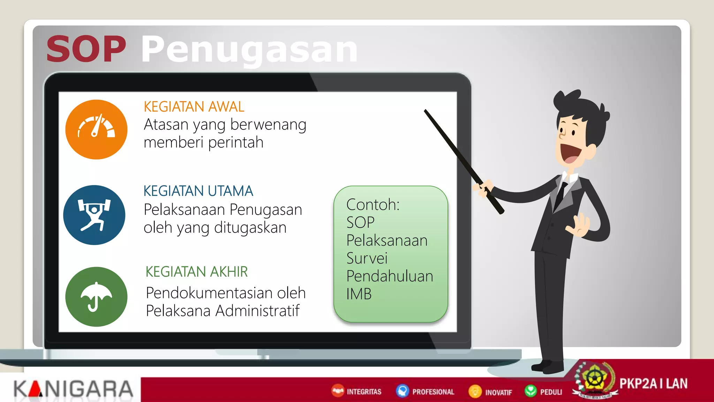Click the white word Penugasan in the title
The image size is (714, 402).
tap(249, 50)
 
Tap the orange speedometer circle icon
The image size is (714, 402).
tap(96, 129)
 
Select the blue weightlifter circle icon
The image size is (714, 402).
tap(94, 215)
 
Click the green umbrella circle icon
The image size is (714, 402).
tap(96, 297)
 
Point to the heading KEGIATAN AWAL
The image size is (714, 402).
tap(194, 107)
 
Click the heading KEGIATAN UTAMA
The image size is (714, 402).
tap(198, 191)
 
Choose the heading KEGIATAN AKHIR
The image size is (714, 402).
tap(196, 272)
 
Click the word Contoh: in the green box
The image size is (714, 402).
tap(373, 205)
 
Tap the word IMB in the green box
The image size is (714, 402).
tap(359, 294)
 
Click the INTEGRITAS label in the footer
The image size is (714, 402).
tap(364, 392)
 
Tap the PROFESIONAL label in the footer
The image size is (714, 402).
tap(433, 392)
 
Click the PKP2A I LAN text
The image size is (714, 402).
tap(653, 384)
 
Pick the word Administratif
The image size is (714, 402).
tap(257, 311)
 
